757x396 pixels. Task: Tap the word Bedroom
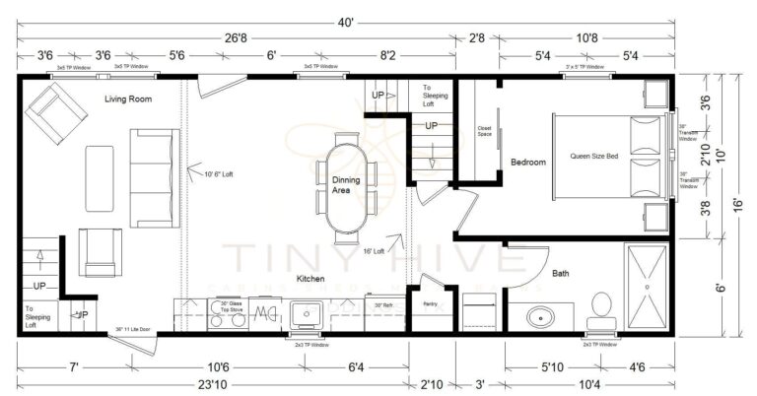(527, 162)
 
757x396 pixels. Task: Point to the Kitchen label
(311, 280)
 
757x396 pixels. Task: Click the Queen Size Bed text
(593, 157)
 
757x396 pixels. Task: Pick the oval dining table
(345, 187)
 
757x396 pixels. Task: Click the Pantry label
(429, 304)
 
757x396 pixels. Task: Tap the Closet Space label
(484, 130)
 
